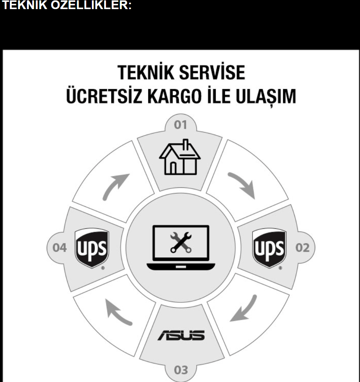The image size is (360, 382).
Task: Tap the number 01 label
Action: pyautogui.click(x=181, y=125)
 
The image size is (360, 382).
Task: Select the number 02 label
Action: pyautogui.click(x=302, y=248)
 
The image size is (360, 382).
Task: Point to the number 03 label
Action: pyautogui.click(x=181, y=369)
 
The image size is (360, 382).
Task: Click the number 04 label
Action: pyautogui.click(x=60, y=248)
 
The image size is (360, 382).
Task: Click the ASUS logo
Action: pyautogui.click(x=181, y=335)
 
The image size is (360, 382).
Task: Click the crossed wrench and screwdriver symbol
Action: pyautogui.click(x=181, y=242)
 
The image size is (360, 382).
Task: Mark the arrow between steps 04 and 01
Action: pyautogui.click(x=115, y=186)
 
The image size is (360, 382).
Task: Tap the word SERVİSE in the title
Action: pyautogui.click(x=212, y=73)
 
